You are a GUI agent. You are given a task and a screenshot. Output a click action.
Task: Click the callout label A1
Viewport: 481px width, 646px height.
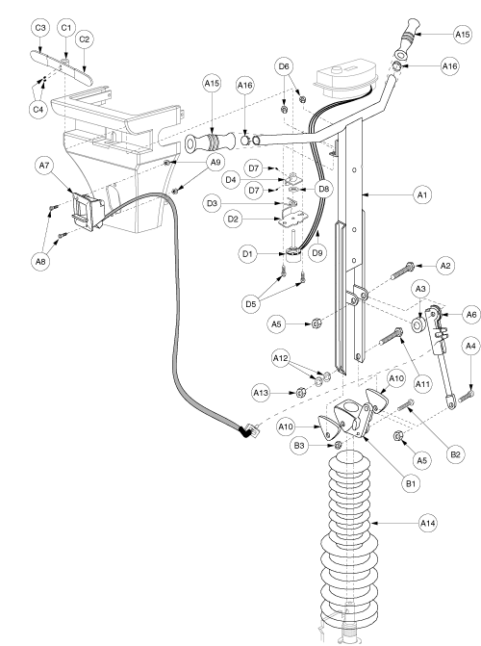[x=422, y=194]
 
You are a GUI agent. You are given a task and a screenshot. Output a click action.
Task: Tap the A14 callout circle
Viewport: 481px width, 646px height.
[x=428, y=523]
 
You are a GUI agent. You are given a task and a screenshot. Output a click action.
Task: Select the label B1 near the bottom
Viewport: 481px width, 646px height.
[x=411, y=483]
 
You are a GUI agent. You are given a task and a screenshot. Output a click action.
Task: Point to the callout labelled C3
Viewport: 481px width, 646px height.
[x=40, y=28]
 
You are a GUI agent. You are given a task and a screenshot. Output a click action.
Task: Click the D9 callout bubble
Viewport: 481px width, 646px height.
[x=317, y=252]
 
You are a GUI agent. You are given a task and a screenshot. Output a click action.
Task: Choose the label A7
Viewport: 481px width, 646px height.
[x=44, y=166]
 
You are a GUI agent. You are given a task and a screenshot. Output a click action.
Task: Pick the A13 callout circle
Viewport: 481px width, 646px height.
[x=261, y=393]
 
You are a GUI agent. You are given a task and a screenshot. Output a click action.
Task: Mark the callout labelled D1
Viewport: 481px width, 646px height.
[x=247, y=254]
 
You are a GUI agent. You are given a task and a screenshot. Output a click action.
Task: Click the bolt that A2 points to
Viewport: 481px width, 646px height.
[x=402, y=271]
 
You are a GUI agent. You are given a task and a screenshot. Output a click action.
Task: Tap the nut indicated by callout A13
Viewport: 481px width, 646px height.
[x=301, y=392]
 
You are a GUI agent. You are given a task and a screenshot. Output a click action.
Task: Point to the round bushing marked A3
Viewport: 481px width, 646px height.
[x=418, y=325]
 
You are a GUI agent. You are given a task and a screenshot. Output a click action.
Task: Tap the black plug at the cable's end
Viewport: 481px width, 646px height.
[x=247, y=431]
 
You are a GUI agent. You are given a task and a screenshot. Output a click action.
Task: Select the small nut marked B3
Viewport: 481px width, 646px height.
[x=338, y=445]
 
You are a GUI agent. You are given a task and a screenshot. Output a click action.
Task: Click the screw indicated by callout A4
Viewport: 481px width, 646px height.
[x=467, y=396]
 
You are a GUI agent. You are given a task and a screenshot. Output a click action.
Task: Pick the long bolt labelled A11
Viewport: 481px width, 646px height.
[x=390, y=337]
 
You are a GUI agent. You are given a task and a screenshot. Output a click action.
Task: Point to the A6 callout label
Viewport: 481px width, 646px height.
[x=471, y=315]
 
